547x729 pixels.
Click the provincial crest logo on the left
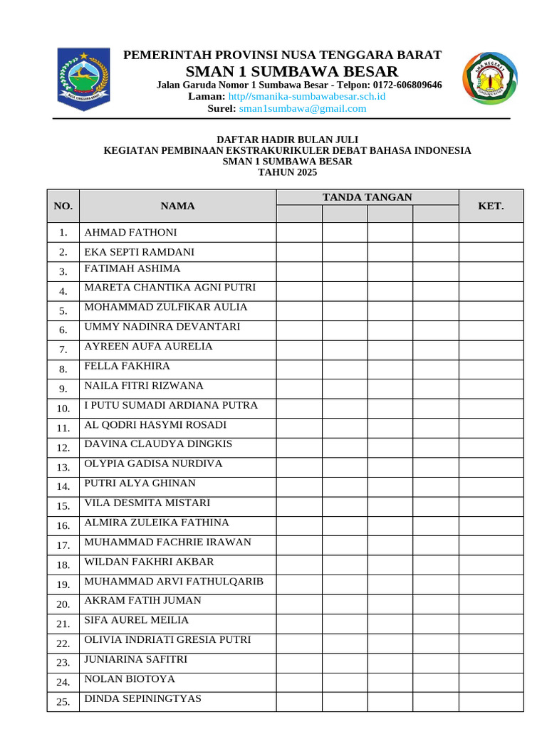coord(83,79)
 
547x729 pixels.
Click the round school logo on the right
coord(490,79)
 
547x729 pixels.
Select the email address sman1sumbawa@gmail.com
coord(303,109)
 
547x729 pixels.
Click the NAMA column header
coord(177,206)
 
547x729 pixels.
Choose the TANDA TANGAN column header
coord(367,197)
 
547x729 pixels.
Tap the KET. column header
coord(491,206)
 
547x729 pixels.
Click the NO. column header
coord(63,206)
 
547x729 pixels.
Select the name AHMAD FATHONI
coord(131,233)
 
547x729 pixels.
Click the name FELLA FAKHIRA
coord(127,366)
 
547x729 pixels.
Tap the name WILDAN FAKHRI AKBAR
coord(149,562)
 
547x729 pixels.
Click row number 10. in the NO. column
coord(63,409)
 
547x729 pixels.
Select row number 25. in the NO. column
coord(63,702)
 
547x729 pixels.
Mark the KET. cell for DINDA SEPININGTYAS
coord(491,701)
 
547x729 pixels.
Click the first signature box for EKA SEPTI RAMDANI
coord(299,252)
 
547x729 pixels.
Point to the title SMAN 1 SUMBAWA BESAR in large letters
coord(292,71)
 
